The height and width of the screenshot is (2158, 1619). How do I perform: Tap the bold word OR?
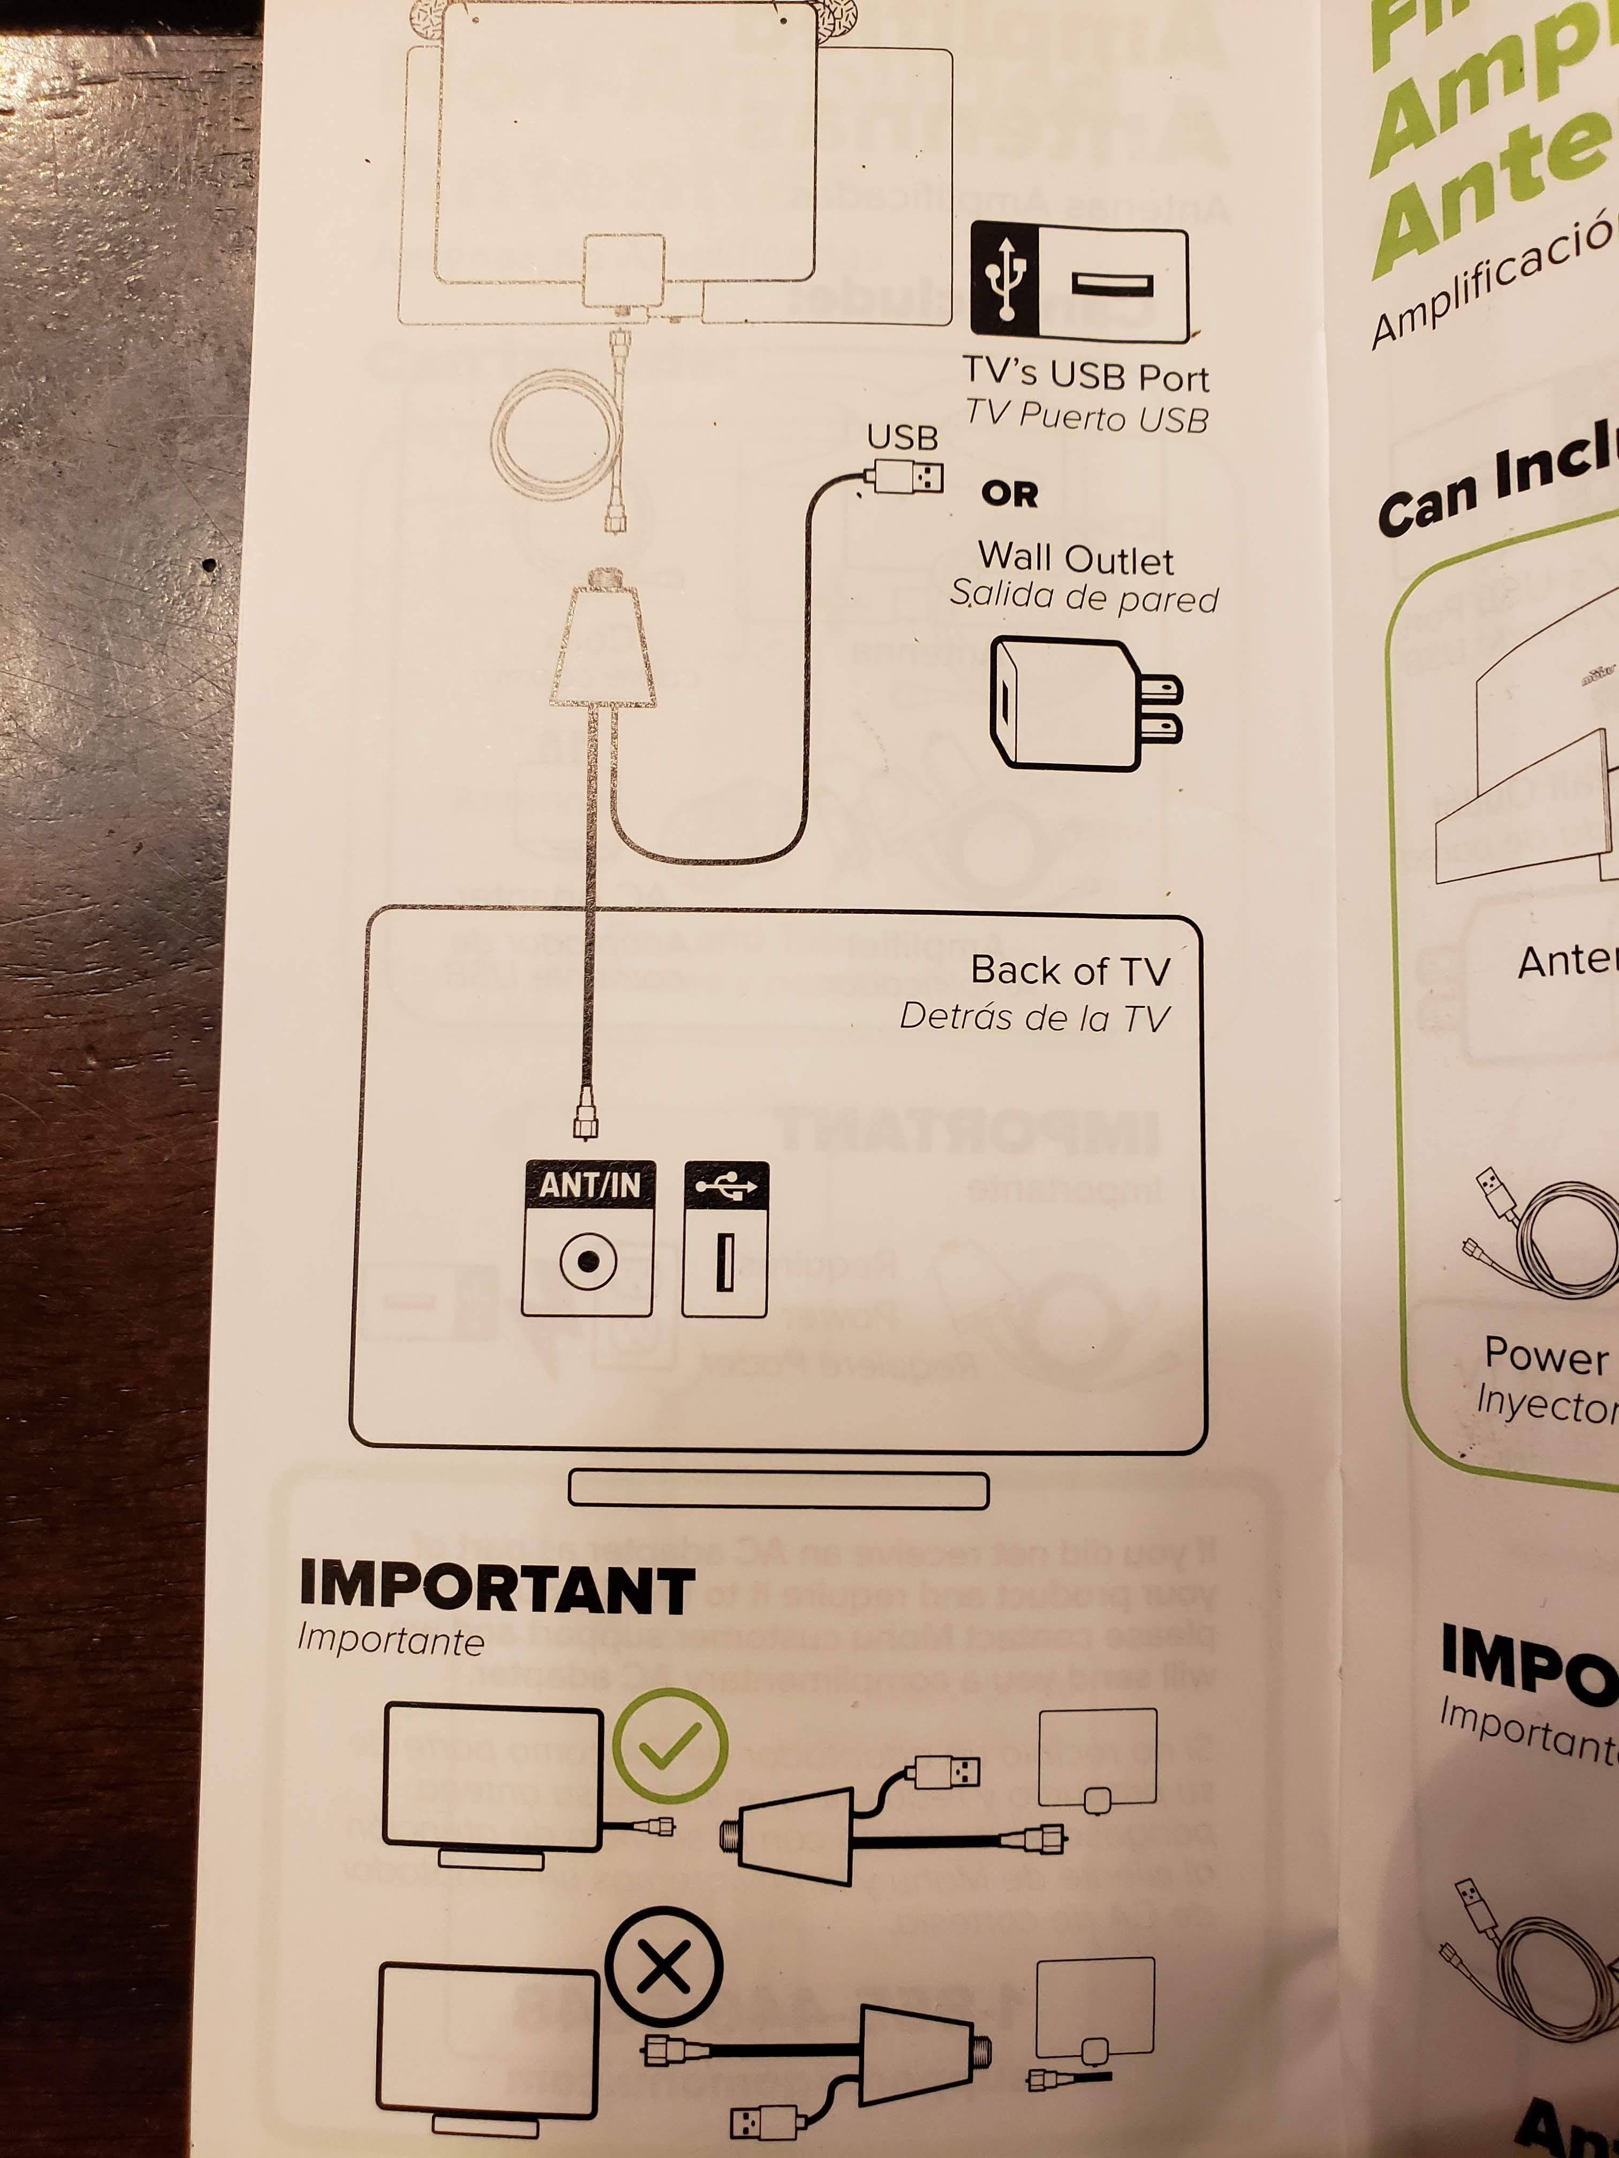(x=1009, y=495)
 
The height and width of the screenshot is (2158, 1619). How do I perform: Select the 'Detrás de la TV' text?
(x=1033, y=1017)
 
